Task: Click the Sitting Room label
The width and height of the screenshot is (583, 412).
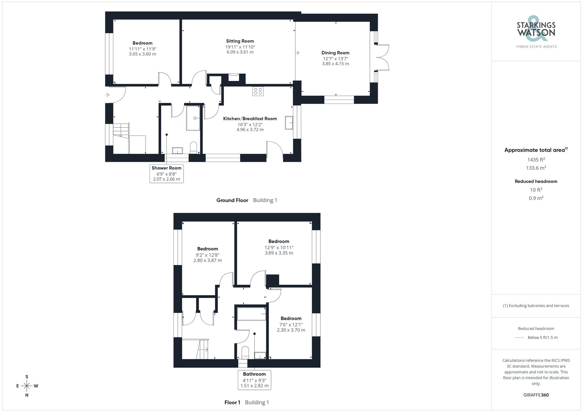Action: pyautogui.click(x=240, y=41)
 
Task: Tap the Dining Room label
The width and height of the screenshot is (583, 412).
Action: pyautogui.click(x=335, y=53)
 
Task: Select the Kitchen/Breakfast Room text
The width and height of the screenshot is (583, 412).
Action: pyautogui.click(x=250, y=119)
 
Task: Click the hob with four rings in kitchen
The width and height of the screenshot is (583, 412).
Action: pyautogui.click(x=258, y=91)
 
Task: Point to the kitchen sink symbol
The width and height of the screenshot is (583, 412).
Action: pyautogui.click(x=289, y=123)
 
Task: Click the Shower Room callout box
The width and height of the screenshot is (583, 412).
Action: pyautogui.click(x=166, y=174)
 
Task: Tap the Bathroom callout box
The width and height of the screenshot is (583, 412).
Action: pyautogui.click(x=254, y=380)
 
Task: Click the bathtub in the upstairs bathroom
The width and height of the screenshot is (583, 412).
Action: pyautogui.click(x=252, y=314)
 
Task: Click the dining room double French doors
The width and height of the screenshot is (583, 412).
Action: pyautogui.click(x=382, y=57)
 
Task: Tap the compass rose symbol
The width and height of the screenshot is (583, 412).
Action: pyautogui.click(x=27, y=386)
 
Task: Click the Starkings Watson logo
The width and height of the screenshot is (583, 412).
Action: pyautogui.click(x=536, y=31)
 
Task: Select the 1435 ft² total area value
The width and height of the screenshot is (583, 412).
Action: pyautogui.click(x=536, y=160)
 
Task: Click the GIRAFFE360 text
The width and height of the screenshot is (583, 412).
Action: pyautogui.click(x=536, y=395)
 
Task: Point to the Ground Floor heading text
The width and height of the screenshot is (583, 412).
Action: pyautogui.click(x=232, y=200)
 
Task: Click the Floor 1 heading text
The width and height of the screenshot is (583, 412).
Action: pyautogui.click(x=232, y=402)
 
